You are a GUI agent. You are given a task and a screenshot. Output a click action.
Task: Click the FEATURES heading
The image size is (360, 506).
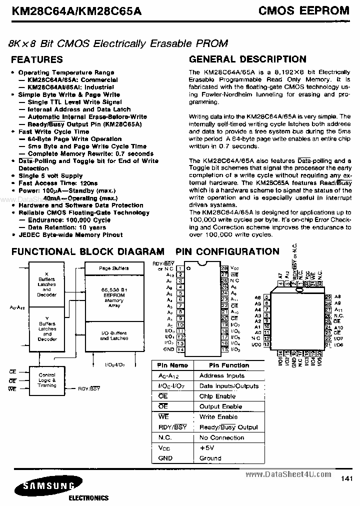pos(37,59)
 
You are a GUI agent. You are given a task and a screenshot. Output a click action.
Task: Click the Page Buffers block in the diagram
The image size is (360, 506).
pos(113,268)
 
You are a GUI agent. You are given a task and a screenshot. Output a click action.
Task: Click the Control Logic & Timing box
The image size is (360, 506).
pos(47,380)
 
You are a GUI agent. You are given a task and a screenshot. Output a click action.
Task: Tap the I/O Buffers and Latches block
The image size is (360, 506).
pos(113,336)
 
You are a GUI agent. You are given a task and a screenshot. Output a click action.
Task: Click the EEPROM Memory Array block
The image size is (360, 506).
pos(113,297)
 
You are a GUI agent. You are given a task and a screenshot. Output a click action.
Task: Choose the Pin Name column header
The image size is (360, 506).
pos(172,365)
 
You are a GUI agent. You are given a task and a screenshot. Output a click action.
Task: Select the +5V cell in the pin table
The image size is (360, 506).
pos(207,448)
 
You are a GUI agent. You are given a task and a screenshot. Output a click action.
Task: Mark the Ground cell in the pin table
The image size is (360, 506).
pos(210,458)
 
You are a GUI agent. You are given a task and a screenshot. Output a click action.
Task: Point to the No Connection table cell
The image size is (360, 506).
pos(221,437)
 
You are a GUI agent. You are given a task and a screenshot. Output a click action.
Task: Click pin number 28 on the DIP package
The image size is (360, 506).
pos(224,268)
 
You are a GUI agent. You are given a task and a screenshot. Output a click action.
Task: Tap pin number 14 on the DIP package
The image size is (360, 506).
pos(180,350)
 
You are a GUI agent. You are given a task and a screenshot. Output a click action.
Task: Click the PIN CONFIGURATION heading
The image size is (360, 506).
pos(227,251)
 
